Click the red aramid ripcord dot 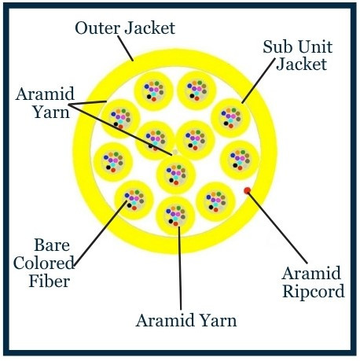point(247,190)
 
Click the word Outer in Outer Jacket point(97,28)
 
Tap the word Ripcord point(314,292)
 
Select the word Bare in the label point(52,245)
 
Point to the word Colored point(44,263)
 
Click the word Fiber point(50,281)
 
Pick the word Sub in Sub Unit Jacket point(275,47)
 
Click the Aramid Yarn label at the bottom point(186,321)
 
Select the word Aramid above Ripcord point(311,274)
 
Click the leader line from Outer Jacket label point(126,48)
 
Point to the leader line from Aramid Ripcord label point(277,227)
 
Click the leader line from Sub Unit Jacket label point(259,80)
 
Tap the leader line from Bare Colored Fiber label point(101,234)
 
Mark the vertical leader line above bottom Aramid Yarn point(180,267)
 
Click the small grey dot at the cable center point(175,152)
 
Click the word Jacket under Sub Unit point(302,64)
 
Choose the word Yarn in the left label point(52,112)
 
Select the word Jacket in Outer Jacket point(149,28)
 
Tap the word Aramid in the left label point(45,94)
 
